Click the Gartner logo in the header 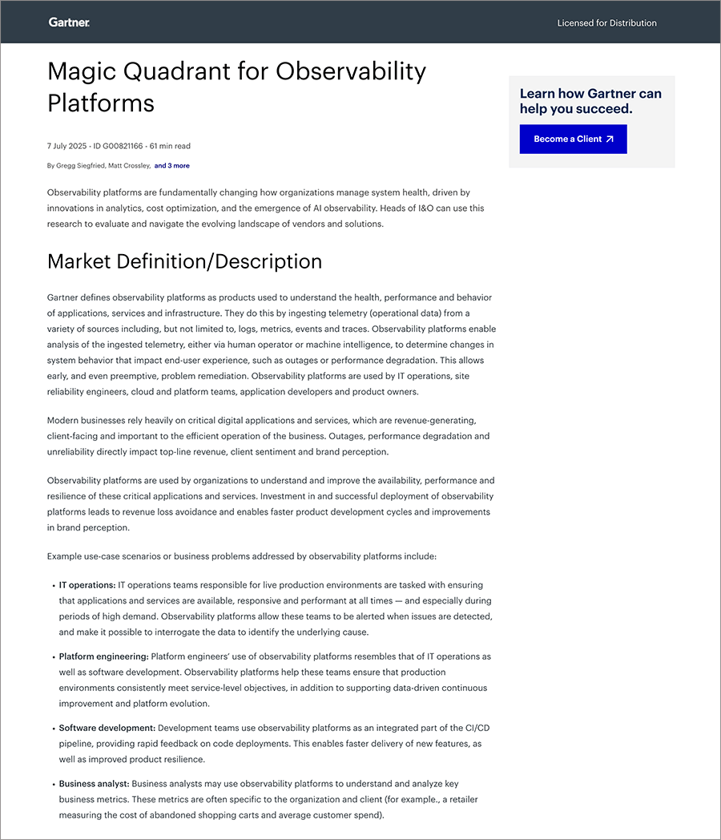click(x=69, y=22)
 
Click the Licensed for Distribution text click(x=606, y=23)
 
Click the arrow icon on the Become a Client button click(x=610, y=139)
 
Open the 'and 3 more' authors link click(x=172, y=166)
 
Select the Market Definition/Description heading click(x=184, y=262)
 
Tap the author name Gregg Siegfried click(x=81, y=166)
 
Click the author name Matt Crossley click(x=129, y=166)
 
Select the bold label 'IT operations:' click(x=87, y=585)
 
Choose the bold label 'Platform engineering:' click(x=103, y=656)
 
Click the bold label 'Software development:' click(x=107, y=728)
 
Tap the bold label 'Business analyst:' click(x=94, y=784)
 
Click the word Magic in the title click(x=81, y=71)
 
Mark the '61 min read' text click(x=170, y=146)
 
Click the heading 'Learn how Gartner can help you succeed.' click(x=590, y=101)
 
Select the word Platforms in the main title click(x=101, y=103)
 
